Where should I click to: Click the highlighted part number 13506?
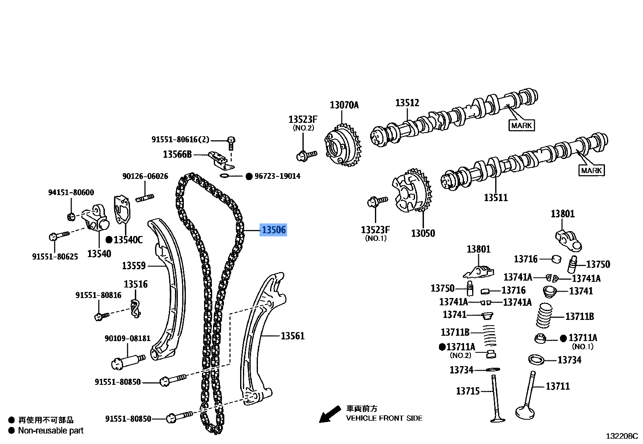[x=273, y=230]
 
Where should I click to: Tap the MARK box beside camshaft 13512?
[x=521, y=125]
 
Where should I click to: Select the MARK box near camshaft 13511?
[x=591, y=170]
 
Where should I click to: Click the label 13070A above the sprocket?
[x=344, y=105]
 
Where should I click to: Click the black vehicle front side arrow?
[x=330, y=414]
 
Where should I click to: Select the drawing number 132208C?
[x=622, y=436]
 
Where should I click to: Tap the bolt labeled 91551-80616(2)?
[x=231, y=141]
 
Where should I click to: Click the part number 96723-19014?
[x=277, y=176]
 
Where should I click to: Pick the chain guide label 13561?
[x=292, y=336]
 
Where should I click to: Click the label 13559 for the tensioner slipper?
[x=134, y=266]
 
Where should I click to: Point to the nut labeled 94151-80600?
[x=71, y=216]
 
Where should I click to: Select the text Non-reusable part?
[x=51, y=431]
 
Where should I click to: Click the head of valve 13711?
[x=525, y=413]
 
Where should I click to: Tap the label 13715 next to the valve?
[x=468, y=391]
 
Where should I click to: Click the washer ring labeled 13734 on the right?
[x=537, y=359]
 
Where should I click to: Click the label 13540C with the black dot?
[x=128, y=240]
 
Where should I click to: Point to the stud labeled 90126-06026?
[x=145, y=198]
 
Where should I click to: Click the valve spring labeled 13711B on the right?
[x=544, y=315]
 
